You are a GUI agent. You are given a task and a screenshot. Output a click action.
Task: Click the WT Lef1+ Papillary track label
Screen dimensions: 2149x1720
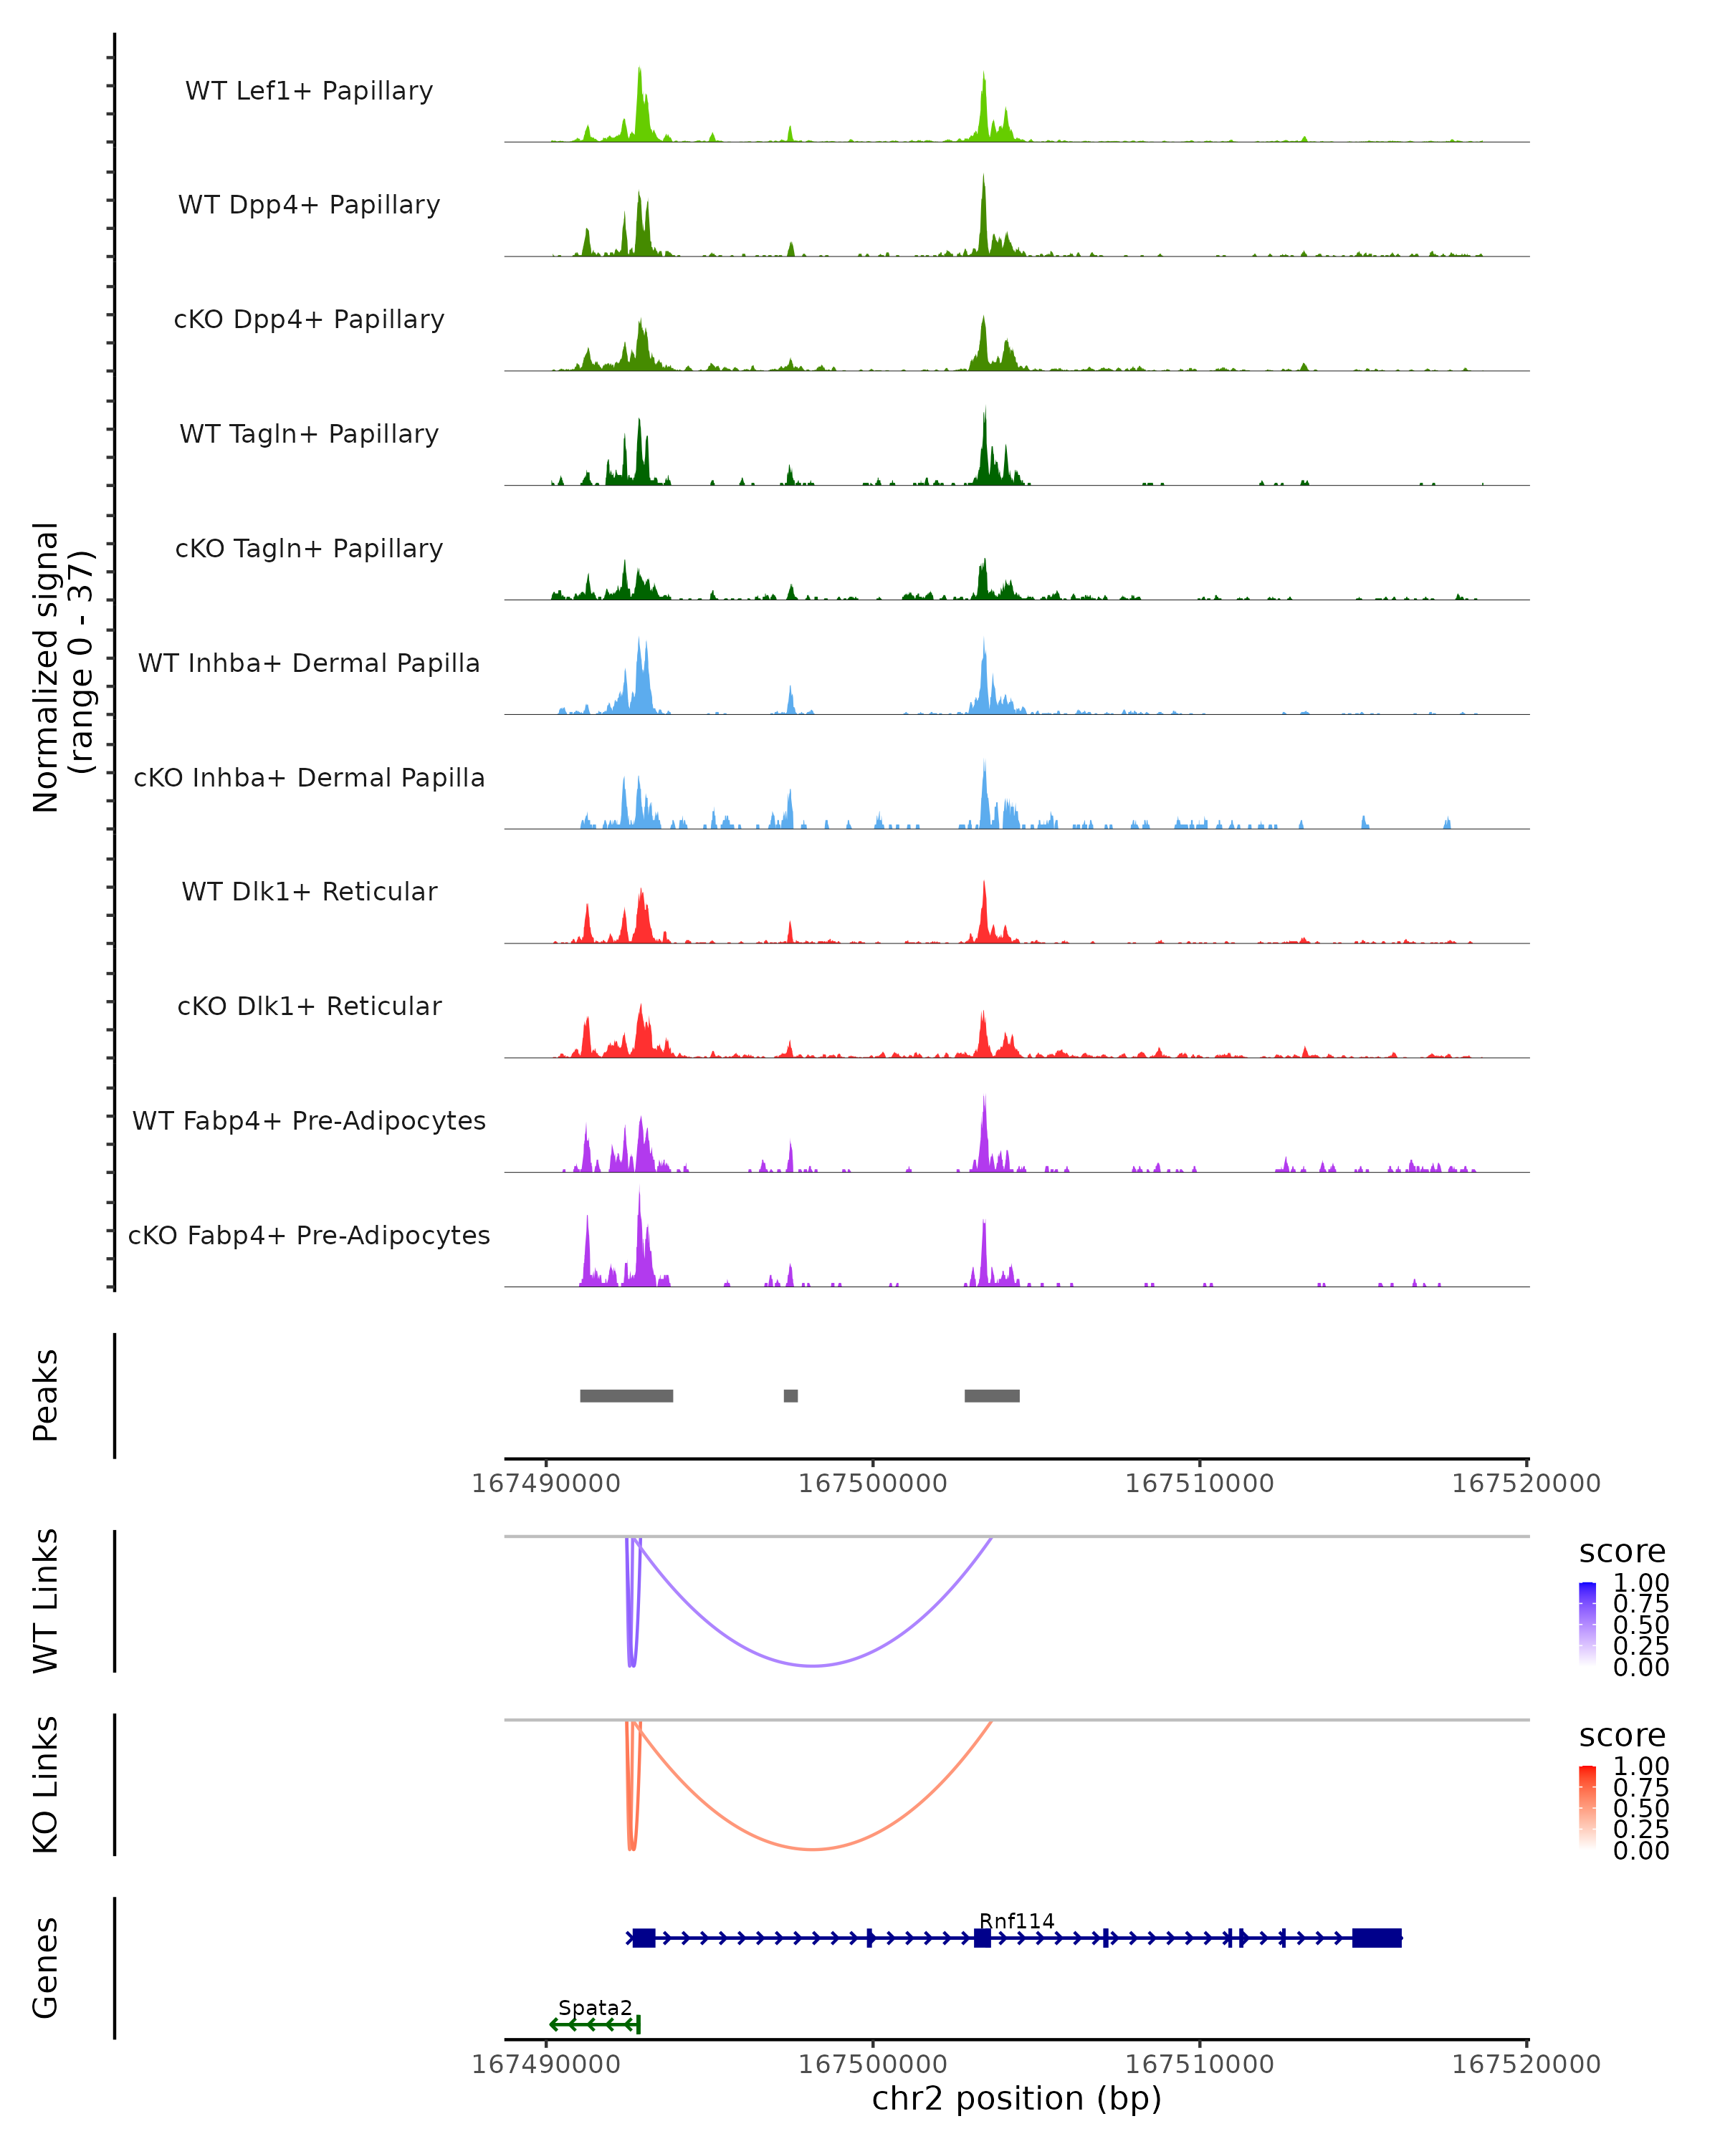click(x=309, y=91)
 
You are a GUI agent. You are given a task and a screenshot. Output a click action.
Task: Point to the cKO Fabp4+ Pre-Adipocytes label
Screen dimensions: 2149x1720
click(x=309, y=1235)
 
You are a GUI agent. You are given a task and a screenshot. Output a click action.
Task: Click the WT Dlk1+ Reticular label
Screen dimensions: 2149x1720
click(x=309, y=891)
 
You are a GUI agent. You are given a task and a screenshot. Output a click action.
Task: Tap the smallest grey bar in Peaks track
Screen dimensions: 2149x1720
click(x=790, y=1395)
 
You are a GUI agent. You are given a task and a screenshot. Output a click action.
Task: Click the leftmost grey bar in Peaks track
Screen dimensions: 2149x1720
click(x=626, y=1395)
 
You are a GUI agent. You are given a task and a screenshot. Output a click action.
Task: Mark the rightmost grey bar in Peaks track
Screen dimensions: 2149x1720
click(x=991, y=1395)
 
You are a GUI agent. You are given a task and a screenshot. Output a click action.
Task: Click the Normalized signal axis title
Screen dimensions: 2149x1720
click(x=62, y=667)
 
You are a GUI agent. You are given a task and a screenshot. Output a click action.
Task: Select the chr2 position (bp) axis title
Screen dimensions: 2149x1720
click(x=1016, y=2098)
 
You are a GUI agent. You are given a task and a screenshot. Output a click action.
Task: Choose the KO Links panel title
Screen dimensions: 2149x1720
click(x=46, y=1784)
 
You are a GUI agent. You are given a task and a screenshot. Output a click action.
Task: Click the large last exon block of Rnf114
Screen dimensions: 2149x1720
click(x=1376, y=1938)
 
